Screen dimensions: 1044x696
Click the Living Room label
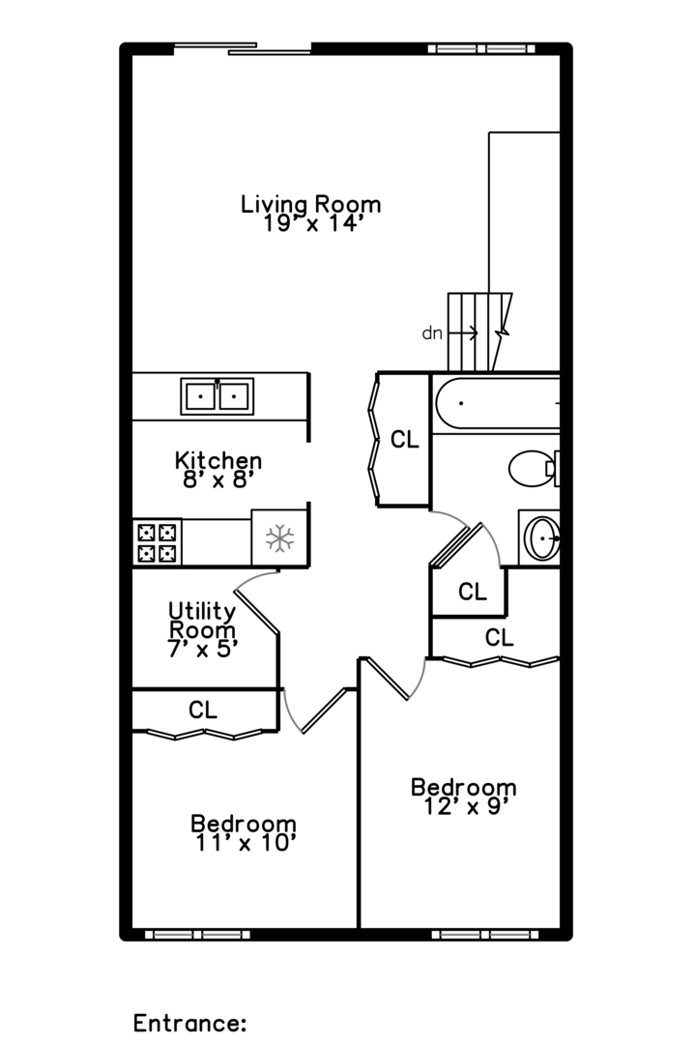pyautogui.click(x=310, y=204)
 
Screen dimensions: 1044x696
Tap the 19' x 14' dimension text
pyautogui.click(x=310, y=224)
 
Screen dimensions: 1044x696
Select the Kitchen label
pyautogui.click(x=217, y=460)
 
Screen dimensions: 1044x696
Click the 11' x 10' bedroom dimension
pyautogui.click(x=244, y=843)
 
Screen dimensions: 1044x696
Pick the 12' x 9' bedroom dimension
pyautogui.click(x=464, y=806)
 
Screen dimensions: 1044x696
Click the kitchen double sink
pyautogui.click(x=217, y=396)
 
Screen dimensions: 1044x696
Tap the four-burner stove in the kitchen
pyautogui.click(x=157, y=542)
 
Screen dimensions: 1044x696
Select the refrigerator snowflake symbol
pyautogui.click(x=279, y=538)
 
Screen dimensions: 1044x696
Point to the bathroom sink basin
pyautogui.click(x=542, y=536)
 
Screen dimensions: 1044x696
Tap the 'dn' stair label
pyautogui.click(x=432, y=333)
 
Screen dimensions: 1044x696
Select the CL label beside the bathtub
pyautogui.click(x=405, y=440)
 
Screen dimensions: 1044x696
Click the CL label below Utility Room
pyautogui.click(x=202, y=710)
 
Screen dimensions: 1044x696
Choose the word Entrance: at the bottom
pyautogui.click(x=189, y=1023)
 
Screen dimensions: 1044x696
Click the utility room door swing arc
pyautogui.click(x=253, y=576)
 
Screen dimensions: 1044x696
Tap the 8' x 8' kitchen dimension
pyautogui.click(x=217, y=480)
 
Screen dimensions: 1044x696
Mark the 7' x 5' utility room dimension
pyautogui.click(x=202, y=649)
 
